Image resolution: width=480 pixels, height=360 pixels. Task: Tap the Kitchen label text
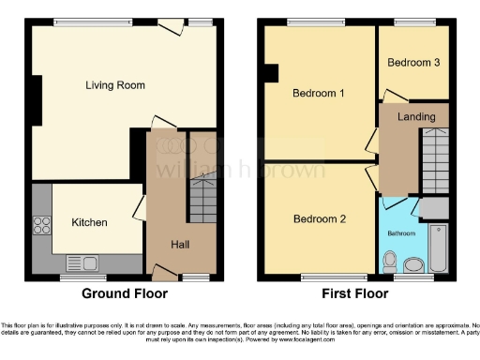pos(89,223)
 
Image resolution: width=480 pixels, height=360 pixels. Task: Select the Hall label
pos(182,245)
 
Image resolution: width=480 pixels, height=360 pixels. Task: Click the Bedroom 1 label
pos(319,94)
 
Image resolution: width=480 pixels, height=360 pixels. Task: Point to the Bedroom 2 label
pos(320,219)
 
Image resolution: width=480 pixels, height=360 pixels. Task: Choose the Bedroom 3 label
pos(413,63)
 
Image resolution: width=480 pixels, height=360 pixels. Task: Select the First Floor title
pos(355,293)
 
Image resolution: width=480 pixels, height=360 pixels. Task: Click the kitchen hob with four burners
pos(42,225)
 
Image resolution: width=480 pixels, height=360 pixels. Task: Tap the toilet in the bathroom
pos(391,260)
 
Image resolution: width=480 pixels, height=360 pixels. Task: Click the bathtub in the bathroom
pos(438,248)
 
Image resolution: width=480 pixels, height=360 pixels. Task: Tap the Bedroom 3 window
pos(412,22)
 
